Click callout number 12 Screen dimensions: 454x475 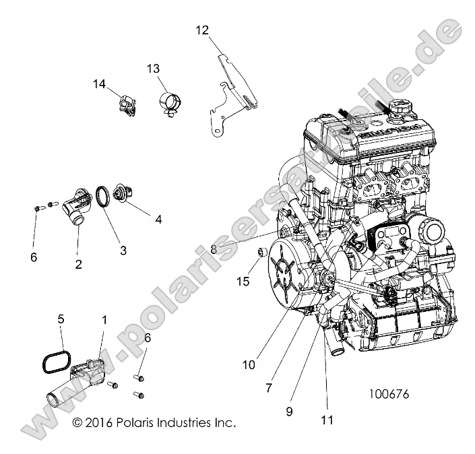pos(202,30)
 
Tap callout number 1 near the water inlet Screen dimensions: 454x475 pos(104,317)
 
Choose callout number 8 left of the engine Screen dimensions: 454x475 pos(214,249)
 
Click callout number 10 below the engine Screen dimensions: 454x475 pos(249,364)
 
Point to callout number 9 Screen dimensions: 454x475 pos(289,410)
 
